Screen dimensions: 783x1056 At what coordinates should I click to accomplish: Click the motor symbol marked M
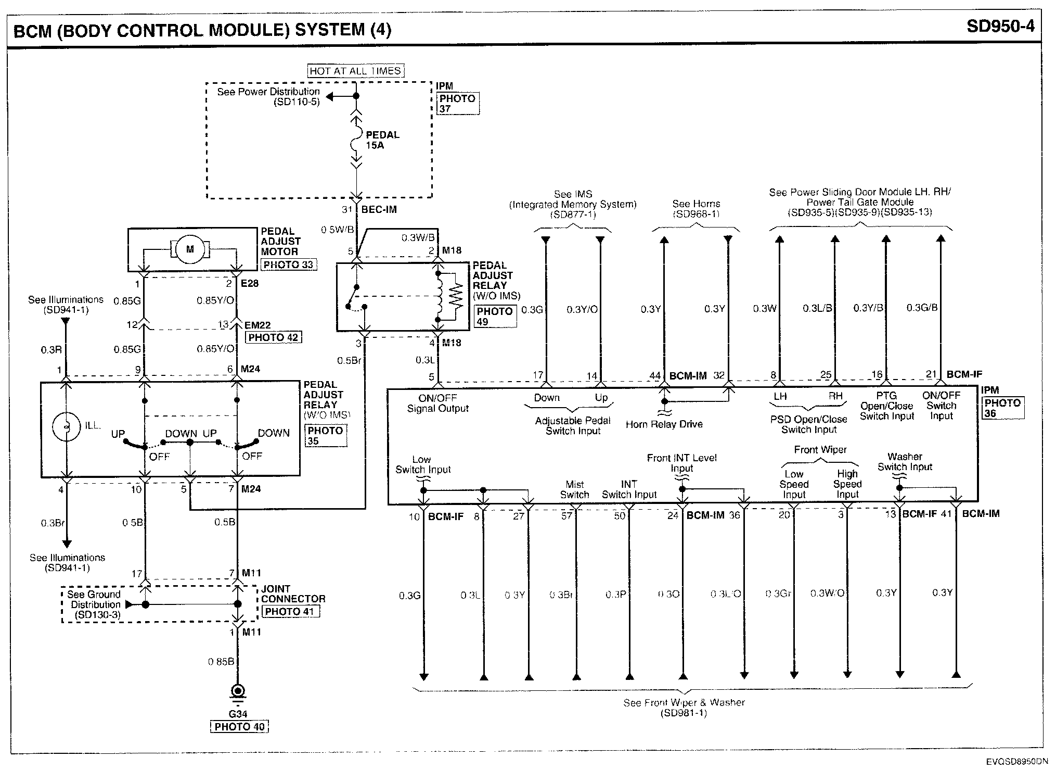tap(190, 249)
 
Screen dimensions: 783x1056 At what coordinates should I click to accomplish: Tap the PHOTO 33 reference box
tap(288, 264)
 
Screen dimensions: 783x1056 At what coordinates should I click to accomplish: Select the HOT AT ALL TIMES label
tap(355, 71)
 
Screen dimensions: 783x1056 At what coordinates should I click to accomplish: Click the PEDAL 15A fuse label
tap(382, 140)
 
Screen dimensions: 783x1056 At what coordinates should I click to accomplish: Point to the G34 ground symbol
tap(238, 692)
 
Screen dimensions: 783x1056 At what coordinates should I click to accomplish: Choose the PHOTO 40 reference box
tap(239, 727)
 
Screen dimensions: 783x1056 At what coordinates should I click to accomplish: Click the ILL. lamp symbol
tap(67, 426)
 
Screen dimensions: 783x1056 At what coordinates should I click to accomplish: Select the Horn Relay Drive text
tap(664, 424)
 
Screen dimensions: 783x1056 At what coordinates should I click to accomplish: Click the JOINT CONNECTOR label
tap(293, 593)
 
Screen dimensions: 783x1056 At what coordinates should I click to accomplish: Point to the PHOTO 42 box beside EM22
tap(273, 337)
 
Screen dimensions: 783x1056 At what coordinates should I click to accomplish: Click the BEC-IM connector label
tap(379, 209)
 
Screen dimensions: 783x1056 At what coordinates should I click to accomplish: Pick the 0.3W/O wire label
tap(827, 593)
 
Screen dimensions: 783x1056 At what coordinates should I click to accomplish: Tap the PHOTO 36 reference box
tap(1002, 408)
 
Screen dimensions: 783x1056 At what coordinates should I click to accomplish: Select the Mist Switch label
tap(574, 489)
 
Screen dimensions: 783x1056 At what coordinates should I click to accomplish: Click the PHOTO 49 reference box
tap(495, 317)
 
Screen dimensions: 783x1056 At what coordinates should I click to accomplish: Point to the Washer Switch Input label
tap(905, 462)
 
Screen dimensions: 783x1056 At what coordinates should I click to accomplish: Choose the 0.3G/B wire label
tap(922, 308)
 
